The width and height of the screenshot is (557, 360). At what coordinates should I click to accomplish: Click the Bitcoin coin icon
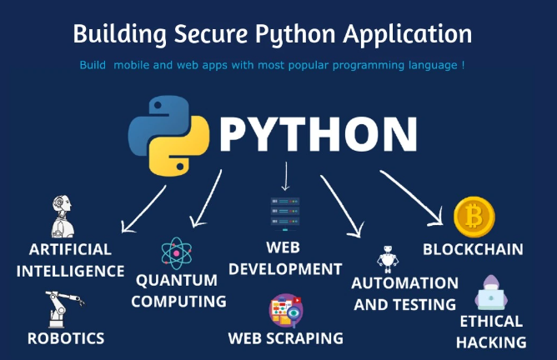coord(474,217)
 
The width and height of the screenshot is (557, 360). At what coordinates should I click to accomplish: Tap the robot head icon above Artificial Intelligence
coord(63,216)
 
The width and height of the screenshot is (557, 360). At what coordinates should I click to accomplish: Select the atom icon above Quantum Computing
coord(177,253)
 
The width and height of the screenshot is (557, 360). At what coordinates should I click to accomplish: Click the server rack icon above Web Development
coord(285,213)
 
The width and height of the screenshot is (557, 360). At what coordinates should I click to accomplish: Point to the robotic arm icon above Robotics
coord(65,309)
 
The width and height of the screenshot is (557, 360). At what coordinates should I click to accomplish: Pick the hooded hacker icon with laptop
coord(491,292)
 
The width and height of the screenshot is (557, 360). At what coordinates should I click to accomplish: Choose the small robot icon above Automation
coord(388,259)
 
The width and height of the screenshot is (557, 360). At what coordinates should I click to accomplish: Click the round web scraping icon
coord(286,310)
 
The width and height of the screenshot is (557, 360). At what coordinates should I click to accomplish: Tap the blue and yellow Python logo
coord(168,136)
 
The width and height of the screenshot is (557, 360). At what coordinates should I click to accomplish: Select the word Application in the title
coord(408,35)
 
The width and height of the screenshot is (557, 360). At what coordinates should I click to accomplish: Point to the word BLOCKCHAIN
coord(473,249)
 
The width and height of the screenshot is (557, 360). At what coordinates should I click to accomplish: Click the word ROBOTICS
coord(66,338)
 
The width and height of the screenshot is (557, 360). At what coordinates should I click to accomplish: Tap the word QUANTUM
coord(177,281)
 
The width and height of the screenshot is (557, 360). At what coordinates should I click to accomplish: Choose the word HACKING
coord(491,342)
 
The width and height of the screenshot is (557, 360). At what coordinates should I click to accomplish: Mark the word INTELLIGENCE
coord(70,271)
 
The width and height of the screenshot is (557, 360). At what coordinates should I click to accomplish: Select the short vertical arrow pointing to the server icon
coord(285,177)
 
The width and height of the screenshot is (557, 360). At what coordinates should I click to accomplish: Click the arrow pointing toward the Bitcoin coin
coord(411,198)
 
